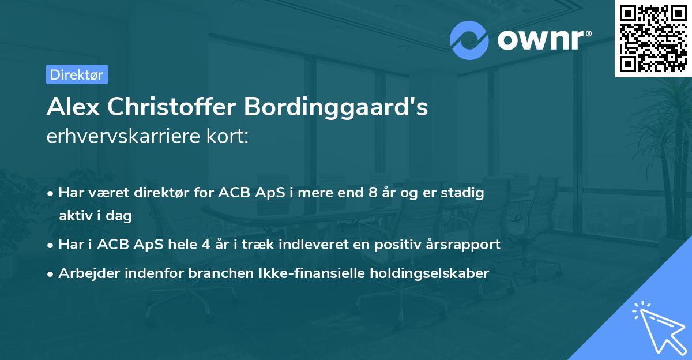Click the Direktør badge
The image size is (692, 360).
(77, 74)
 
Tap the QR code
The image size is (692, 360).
(652, 38)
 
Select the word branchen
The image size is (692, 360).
(213, 273)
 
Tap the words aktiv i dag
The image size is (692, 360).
(96, 216)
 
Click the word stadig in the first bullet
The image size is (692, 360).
(465, 193)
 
